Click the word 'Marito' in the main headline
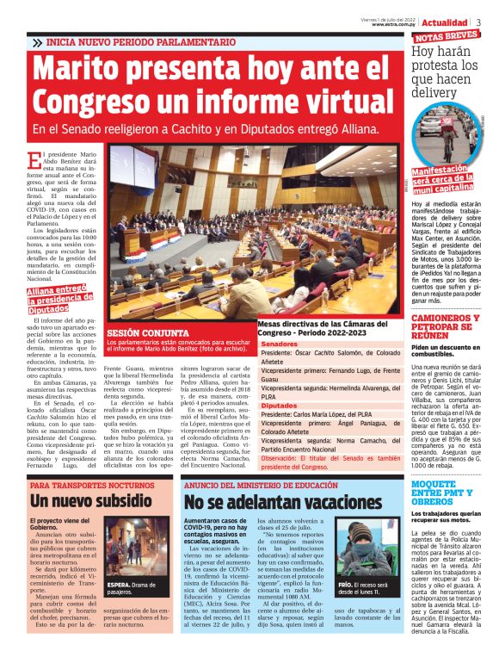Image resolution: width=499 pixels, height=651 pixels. (x=105, y=71)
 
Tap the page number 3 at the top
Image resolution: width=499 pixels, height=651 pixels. (x=477, y=22)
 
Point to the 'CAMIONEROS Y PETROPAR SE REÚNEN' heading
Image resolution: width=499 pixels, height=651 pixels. (x=445, y=328)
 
